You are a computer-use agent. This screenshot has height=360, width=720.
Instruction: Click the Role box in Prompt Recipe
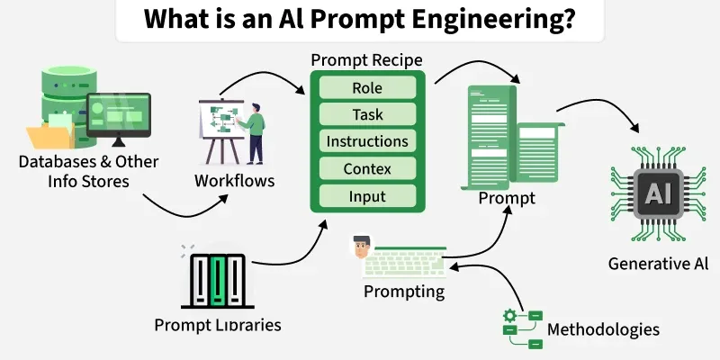tap(367, 88)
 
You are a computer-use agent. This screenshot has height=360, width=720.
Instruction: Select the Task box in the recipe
tap(367, 114)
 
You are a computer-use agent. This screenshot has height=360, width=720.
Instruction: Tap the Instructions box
tap(367, 141)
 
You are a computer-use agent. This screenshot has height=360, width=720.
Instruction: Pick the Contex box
tap(367, 169)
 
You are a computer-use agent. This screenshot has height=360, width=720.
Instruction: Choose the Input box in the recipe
tap(367, 196)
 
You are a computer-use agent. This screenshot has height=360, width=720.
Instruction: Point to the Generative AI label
tap(658, 264)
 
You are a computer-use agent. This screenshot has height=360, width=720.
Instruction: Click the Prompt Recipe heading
tap(366, 60)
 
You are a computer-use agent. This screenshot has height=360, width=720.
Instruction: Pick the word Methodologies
tap(603, 329)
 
